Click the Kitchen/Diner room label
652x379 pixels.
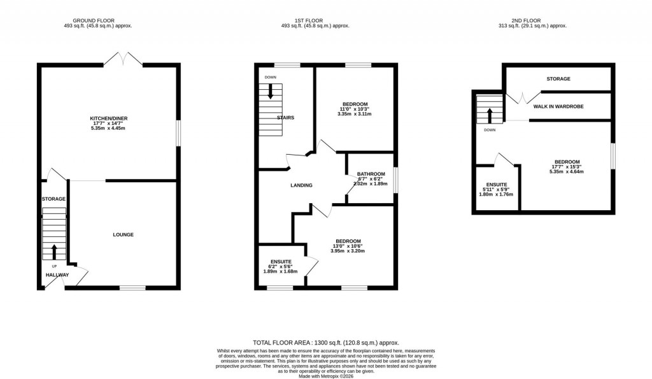pyautogui.click(x=106, y=118)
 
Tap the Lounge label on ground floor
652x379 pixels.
pyautogui.click(x=124, y=235)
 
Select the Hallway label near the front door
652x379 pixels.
pyautogui.click(x=57, y=275)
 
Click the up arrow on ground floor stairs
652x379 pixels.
pyautogui.click(x=53, y=251)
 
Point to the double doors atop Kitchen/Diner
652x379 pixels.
pyautogui.click(x=124, y=59)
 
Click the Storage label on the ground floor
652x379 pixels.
pyautogui.click(x=53, y=199)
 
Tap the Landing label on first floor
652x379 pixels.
pyautogui.click(x=301, y=185)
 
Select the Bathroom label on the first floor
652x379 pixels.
pyautogui.click(x=371, y=175)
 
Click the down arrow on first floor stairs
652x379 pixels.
pyautogui.click(x=271, y=91)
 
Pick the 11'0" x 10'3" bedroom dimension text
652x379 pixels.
pyautogui.click(x=355, y=110)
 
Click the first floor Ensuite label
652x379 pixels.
pyautogui.click(x=281, y=262)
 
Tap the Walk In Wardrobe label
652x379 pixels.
pyautogui.click(x=558, y=106)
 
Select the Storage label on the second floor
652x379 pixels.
pyautogui.click(x=558, y=79)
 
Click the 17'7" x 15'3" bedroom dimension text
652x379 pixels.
pyautogui.click(x=566, y=167)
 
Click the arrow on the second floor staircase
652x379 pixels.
pyautogui.click(x=490, y=115)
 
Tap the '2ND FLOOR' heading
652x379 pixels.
pyautogui.click(x=532, y=20)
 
